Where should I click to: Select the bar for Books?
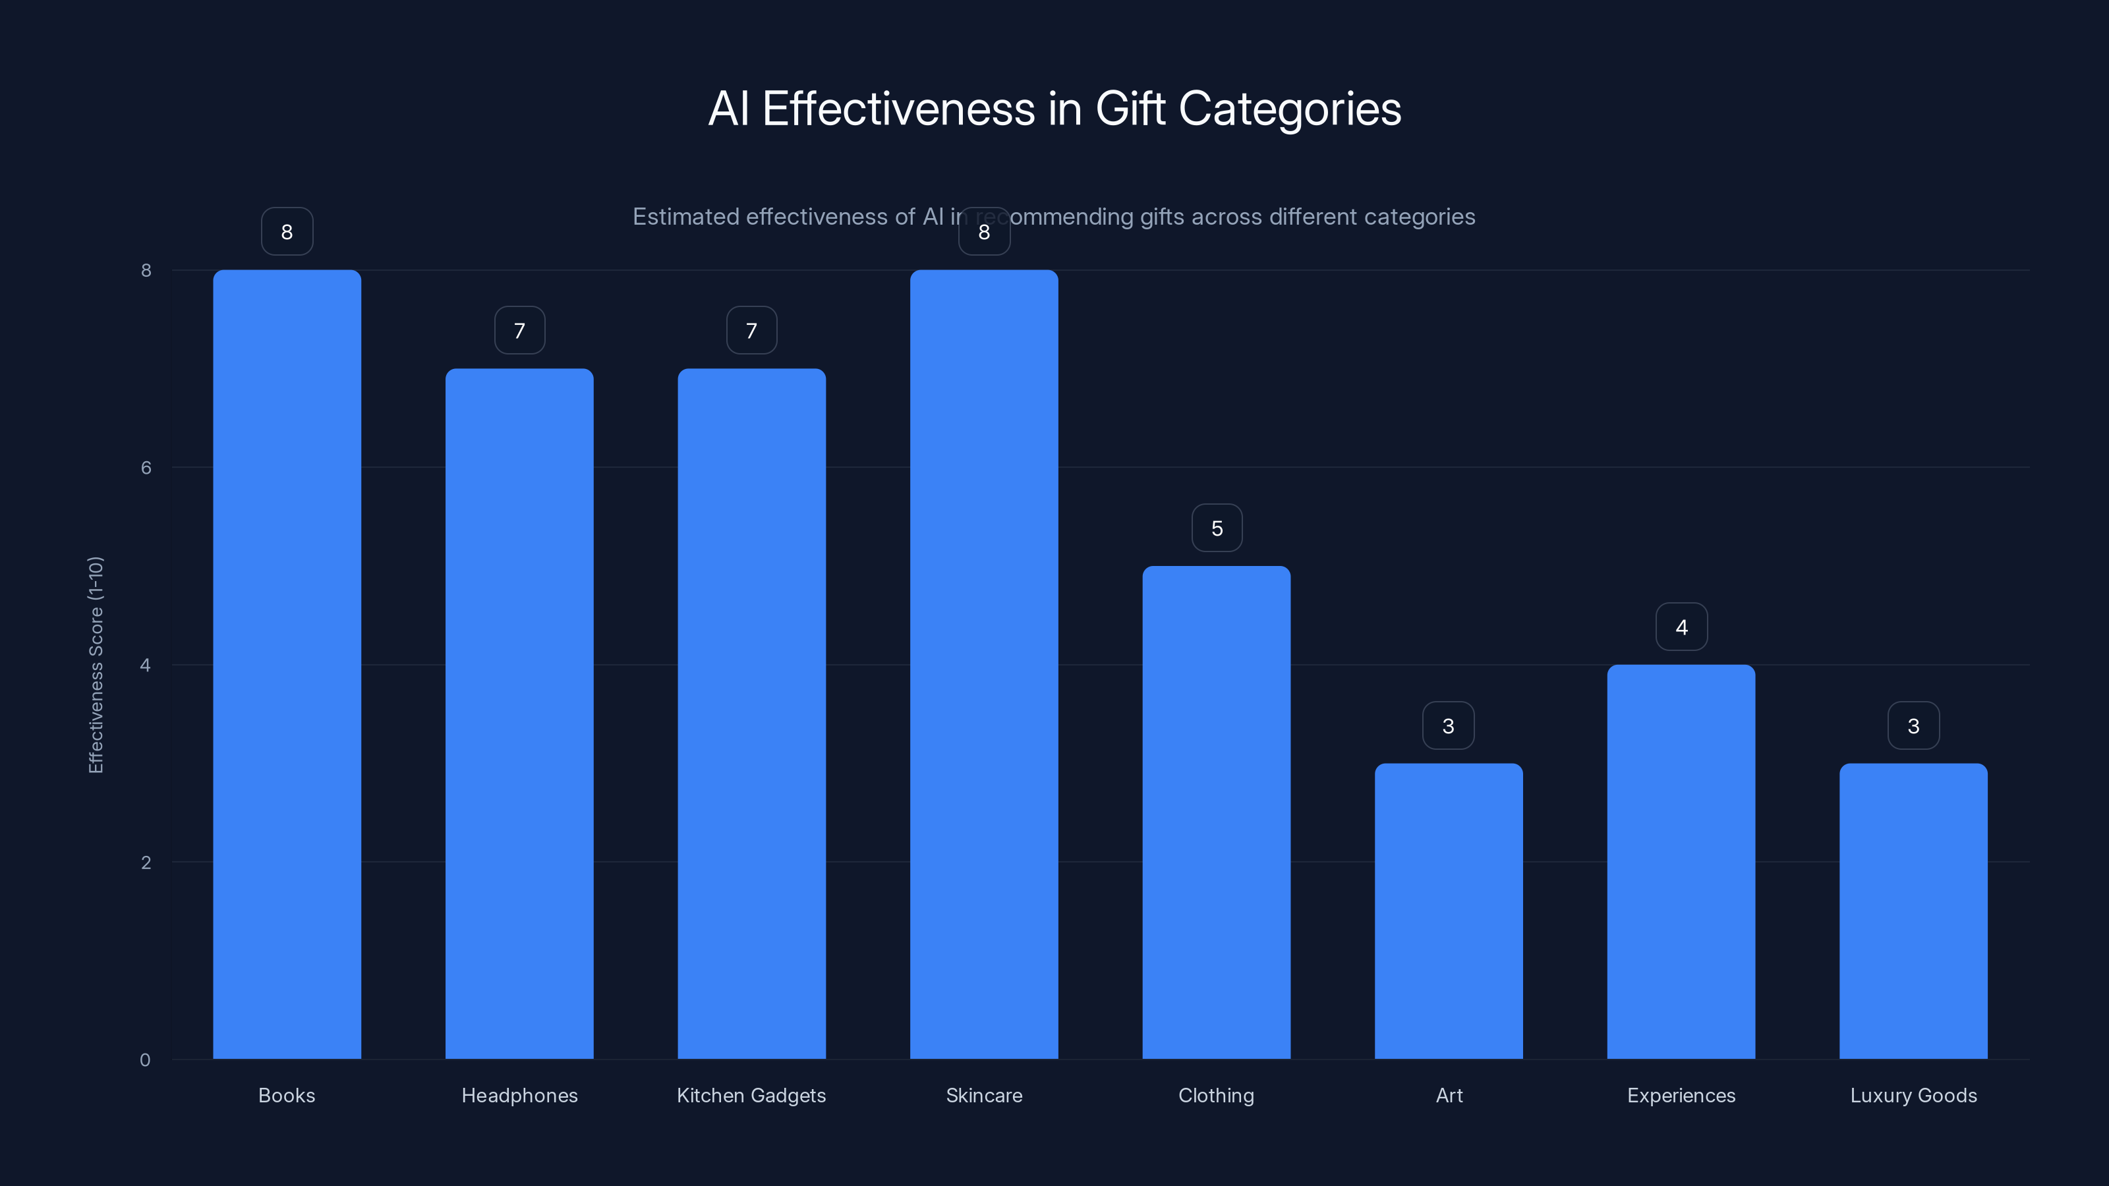(287, 664)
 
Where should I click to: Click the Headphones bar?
(519, 713)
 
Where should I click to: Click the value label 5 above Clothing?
(1217, 528)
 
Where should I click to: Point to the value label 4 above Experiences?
(1681, 627)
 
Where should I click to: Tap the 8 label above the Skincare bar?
(984, 232)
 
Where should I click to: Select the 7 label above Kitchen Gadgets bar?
(751, 331)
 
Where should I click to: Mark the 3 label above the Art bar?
(1449, 726)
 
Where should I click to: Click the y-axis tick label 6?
(146, 467)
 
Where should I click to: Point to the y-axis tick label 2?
(146, 862)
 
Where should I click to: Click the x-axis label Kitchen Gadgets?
(751, 1095)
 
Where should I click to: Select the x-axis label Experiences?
(1681, 1095)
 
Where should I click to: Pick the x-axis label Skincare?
(984, 1095)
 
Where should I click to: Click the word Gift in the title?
(1129, 109)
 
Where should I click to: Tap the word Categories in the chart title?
(1290, 109)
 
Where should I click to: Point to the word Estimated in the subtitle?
(685, 217)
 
